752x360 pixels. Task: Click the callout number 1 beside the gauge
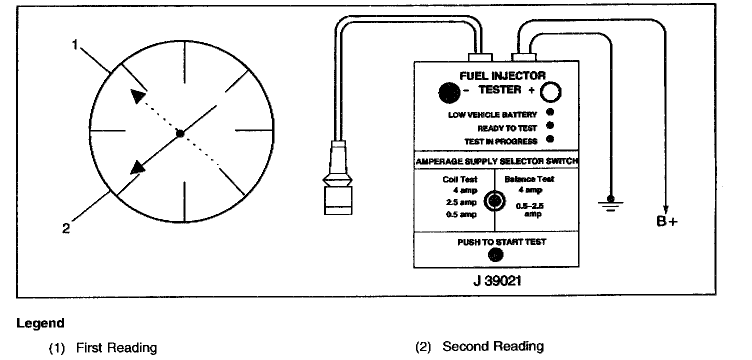point(74,45)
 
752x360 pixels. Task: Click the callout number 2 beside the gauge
point(66,229)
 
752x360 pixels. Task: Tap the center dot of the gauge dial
point(180,133)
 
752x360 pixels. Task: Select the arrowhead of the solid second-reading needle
point(137,167)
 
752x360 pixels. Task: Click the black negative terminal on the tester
point(448,91)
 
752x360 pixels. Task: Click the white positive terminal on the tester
point(550,92)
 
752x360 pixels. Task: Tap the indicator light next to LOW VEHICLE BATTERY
point(550,112)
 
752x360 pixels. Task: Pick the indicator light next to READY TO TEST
point(550,125)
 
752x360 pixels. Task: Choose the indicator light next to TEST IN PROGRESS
point(550,139)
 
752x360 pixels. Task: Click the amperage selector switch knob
point(494,201)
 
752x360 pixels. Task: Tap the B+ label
point(667,221)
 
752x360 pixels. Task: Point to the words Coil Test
point(460,179)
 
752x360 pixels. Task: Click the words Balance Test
point(529,179)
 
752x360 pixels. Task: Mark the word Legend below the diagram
point(40,323)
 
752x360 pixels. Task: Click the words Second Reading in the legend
point(493,346)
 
